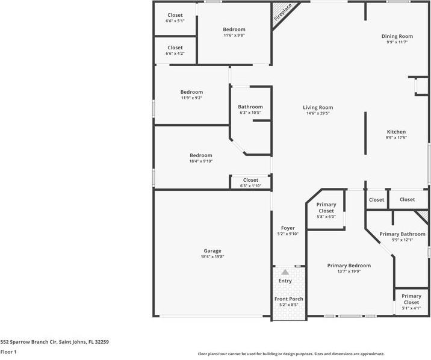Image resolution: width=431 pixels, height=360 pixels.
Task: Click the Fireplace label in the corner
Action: coord(283,13)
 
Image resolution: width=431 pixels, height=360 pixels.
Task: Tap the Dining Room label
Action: coord(397,36)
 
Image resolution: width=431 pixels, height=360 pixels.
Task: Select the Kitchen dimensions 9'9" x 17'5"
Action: coord(396,138)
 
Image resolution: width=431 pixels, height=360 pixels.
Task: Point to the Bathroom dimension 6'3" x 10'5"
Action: coord(250,113)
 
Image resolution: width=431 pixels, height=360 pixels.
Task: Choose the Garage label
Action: coord(212,250)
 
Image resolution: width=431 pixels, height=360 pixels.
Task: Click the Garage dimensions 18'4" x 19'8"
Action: coord(212,256)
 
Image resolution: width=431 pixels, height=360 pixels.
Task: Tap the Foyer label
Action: coord(288,228)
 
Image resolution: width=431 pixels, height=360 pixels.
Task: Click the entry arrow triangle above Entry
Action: coord(285,272)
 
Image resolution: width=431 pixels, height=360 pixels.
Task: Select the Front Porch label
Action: coord(288,299)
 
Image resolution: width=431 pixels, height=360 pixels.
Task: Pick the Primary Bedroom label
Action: coord(349,265)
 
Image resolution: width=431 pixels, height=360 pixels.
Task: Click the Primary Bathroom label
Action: coord(402,234)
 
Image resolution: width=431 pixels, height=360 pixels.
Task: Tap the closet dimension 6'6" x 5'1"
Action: coord(175,21)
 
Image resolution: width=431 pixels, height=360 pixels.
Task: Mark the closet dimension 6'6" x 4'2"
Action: coord(175,54)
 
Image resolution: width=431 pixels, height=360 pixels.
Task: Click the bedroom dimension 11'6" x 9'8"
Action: coord(234,35)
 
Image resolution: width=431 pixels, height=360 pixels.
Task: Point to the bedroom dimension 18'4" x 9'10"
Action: coord(200,161)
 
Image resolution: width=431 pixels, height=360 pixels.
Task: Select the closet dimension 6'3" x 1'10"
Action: coord(250,185)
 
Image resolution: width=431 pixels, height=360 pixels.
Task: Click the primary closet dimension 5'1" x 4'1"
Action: coord(411,308)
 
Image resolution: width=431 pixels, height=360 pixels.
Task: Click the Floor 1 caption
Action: coord(8,352)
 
